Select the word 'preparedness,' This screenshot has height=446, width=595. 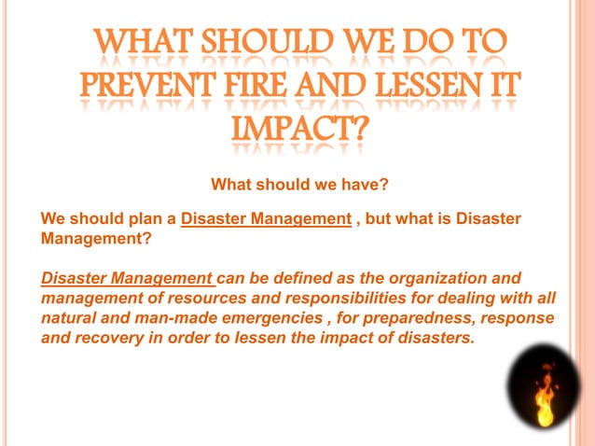(419, 318)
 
